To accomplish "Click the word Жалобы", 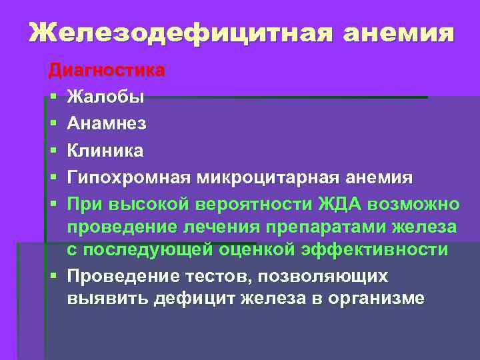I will (105, 97).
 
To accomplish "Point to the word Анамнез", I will (107, 124).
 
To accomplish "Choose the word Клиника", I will (105, 151).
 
